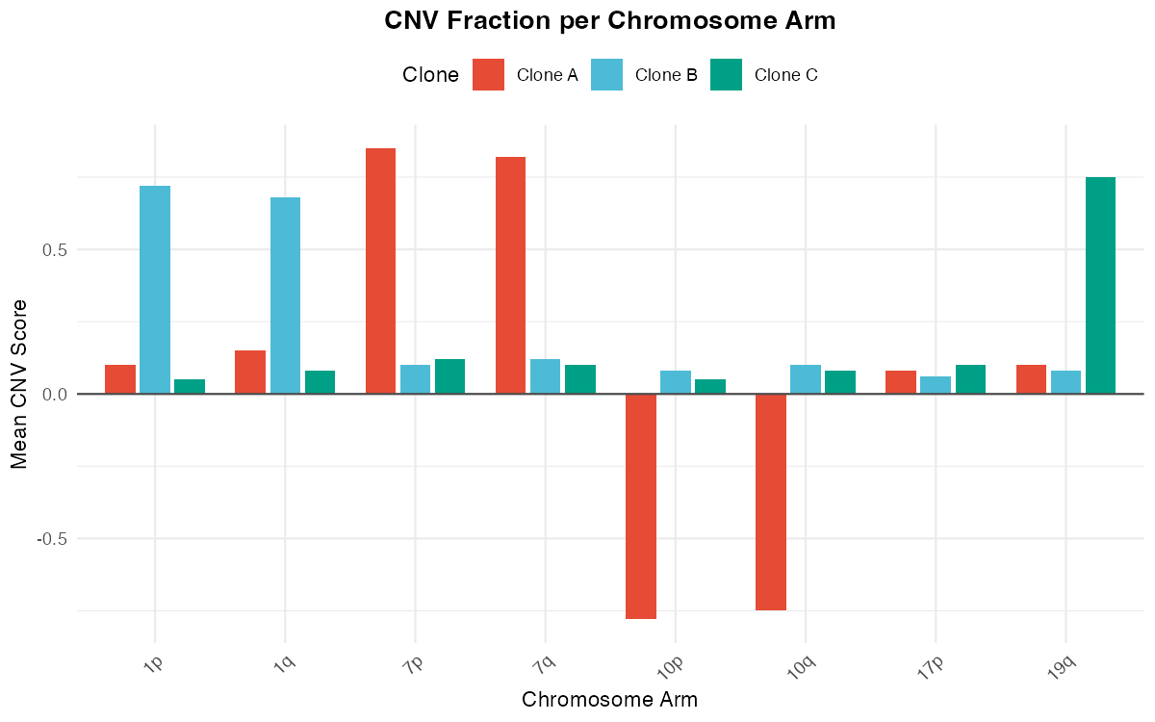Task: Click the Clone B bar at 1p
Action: pyautogui.click(x=155, y=289)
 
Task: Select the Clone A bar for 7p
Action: pyautogui.click(x=380, y=271)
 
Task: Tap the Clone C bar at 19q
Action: pyautogui.click(x=1100, y=285)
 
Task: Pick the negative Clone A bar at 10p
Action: pyautogui.click(x=641, y=506)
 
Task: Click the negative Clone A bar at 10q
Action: pyautogui.click(x=771, y=502)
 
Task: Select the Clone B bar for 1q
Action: pyautogui.click(x=285, y=295)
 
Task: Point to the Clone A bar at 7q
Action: pyautogui.click(x=510, y=274)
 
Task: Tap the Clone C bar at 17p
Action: pyautogui.click(x=970, y=379)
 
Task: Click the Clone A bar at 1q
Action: pyautogui.click(x=250, y=372)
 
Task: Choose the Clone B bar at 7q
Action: pyautogui.click(x=545, y=376)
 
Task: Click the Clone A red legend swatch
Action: pyautogui.click(x=488, y=75)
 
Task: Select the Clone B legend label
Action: pyautogui.click(x=666, y=75)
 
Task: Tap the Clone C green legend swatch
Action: pyautogui.click(x=726, y=75)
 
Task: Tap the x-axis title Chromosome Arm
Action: pyautogui.click(x=609, y=699)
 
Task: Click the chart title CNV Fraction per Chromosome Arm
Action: pyautogui.click(x=609, y=21)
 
